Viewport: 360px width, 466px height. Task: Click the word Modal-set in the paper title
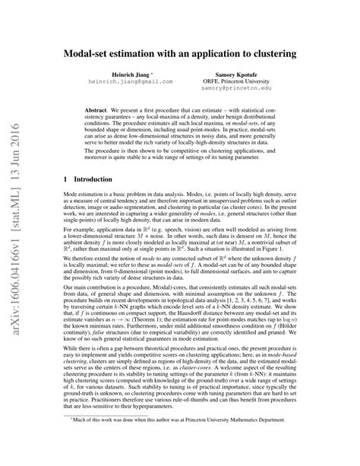[87, 56]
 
